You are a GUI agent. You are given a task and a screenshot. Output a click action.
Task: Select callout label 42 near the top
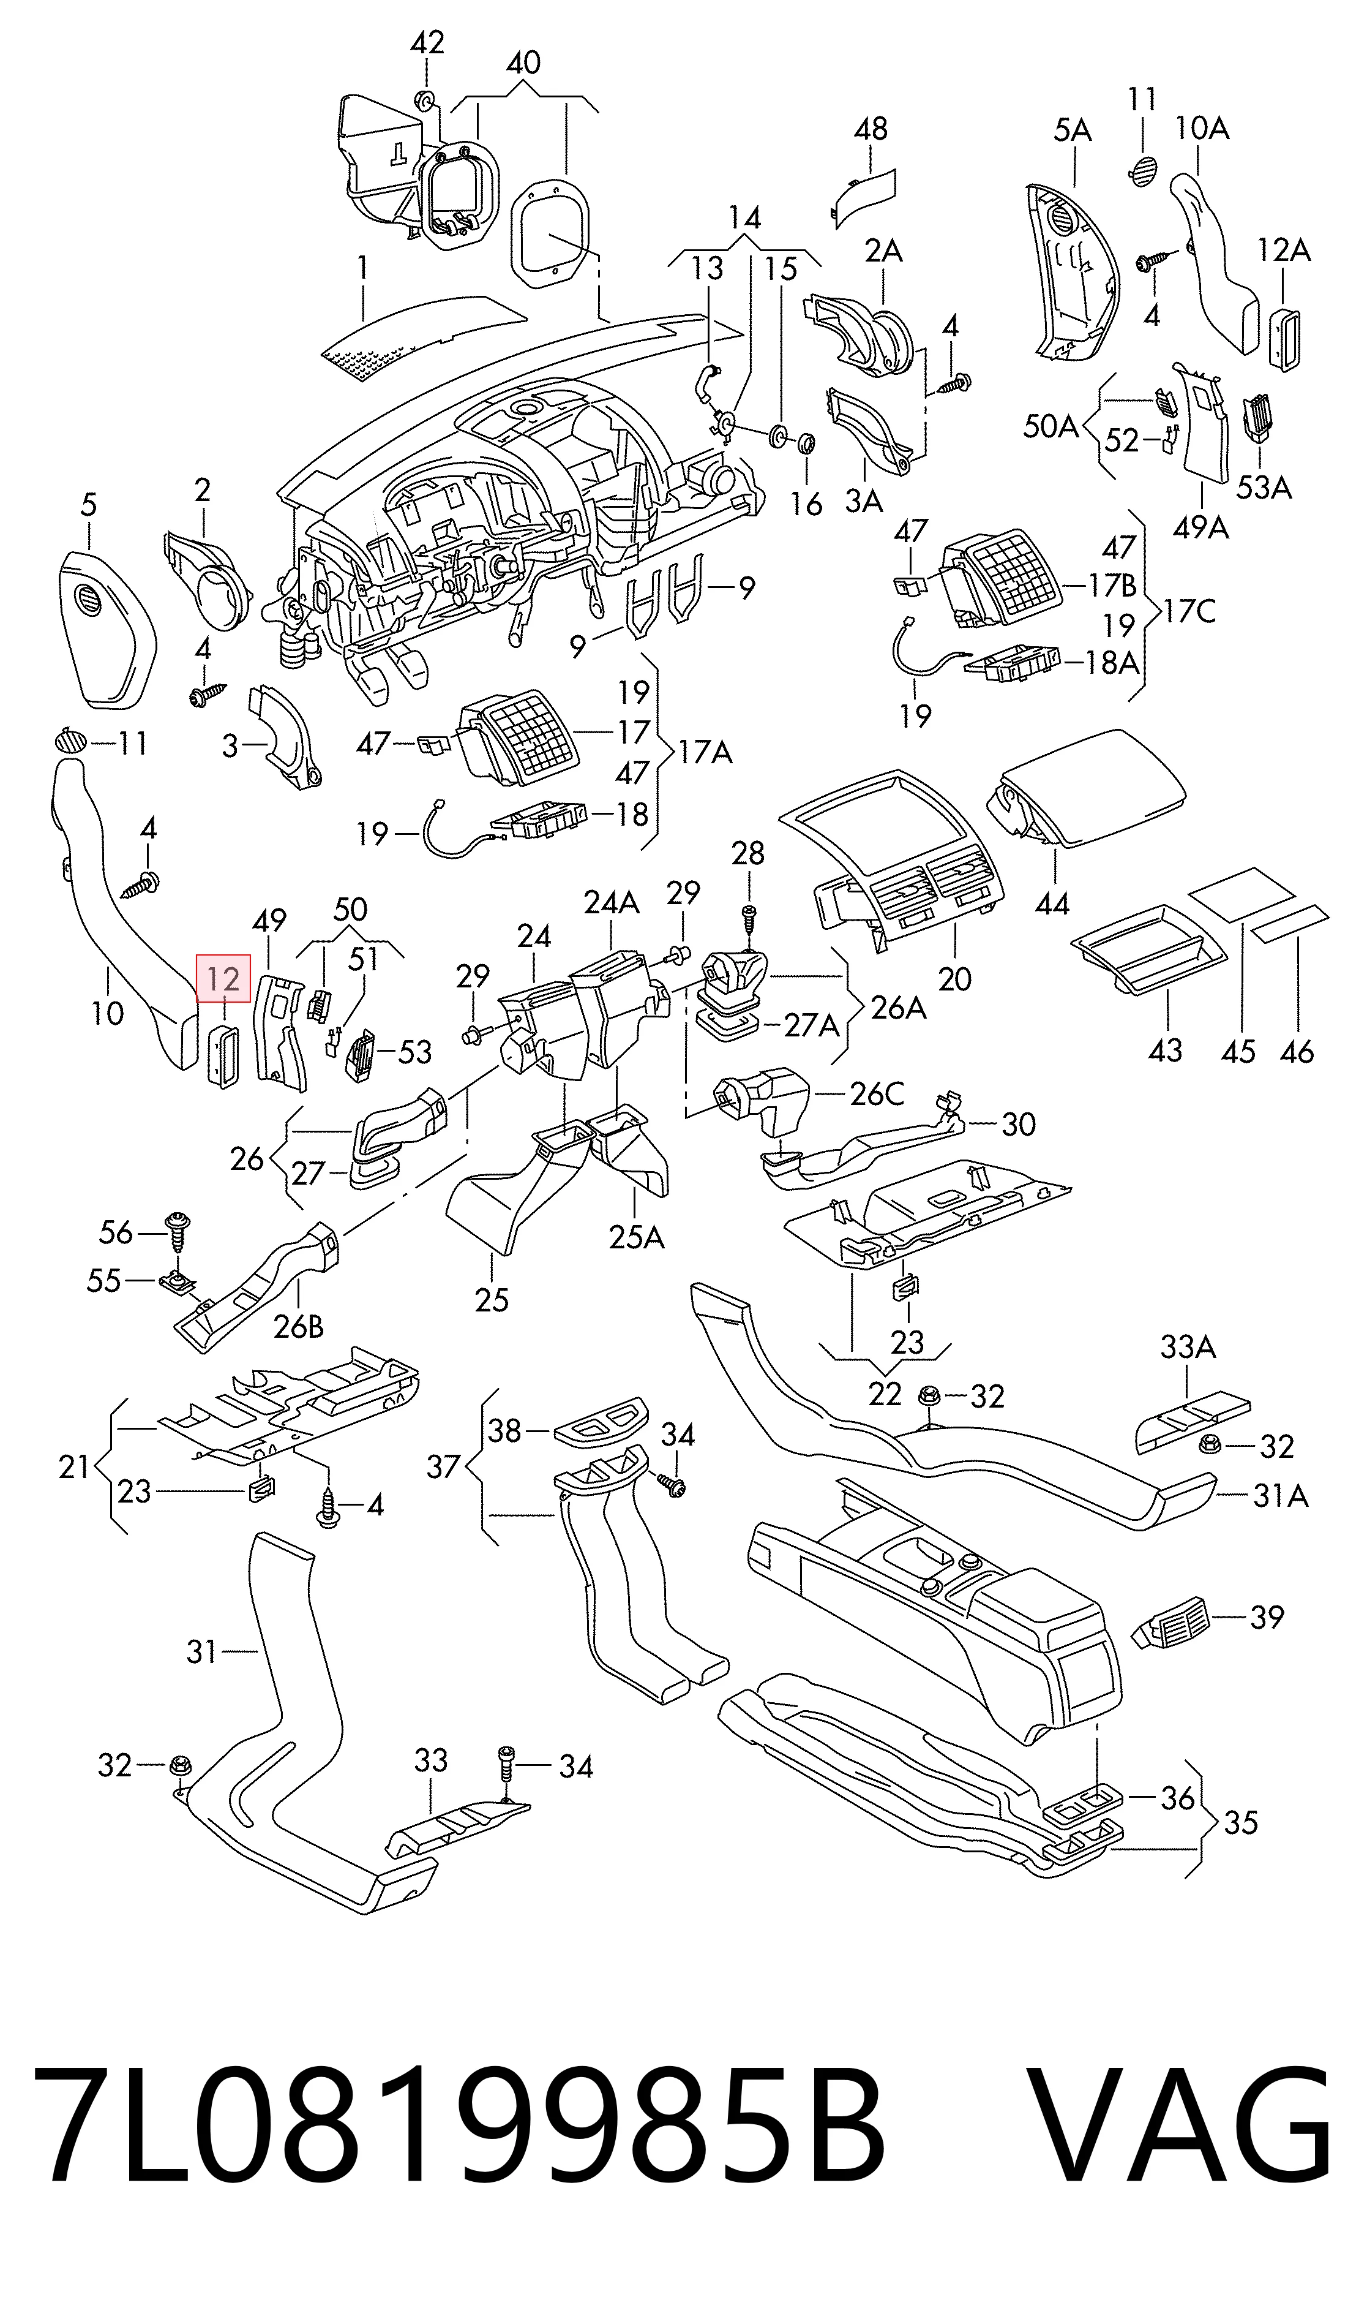pyautogui.click(x=427, y=42)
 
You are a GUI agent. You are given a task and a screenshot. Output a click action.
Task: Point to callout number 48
pyautogui.click(x=871, y=128)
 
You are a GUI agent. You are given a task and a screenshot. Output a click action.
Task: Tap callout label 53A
pyautogui.click(x=1263, y=486)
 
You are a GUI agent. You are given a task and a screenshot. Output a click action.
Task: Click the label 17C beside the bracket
pyautogui.click(x=1189, y=610)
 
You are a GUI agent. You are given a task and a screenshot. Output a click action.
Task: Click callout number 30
pyautogui.click(x=1018, y=1123)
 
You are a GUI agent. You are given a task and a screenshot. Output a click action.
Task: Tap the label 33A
pyautogui.click(x=1188, y=1348)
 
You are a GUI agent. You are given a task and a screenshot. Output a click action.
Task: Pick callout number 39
pyautogui.click(x=1267, y=1616)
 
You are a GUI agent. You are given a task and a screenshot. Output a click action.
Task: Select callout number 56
pyautogui.click(x=116, y=1232)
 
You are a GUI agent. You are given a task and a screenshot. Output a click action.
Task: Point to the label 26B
pyautogui.click(x=299, y=1326)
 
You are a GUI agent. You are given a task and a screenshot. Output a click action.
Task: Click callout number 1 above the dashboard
pyautogui.click(x=363, y=268)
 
